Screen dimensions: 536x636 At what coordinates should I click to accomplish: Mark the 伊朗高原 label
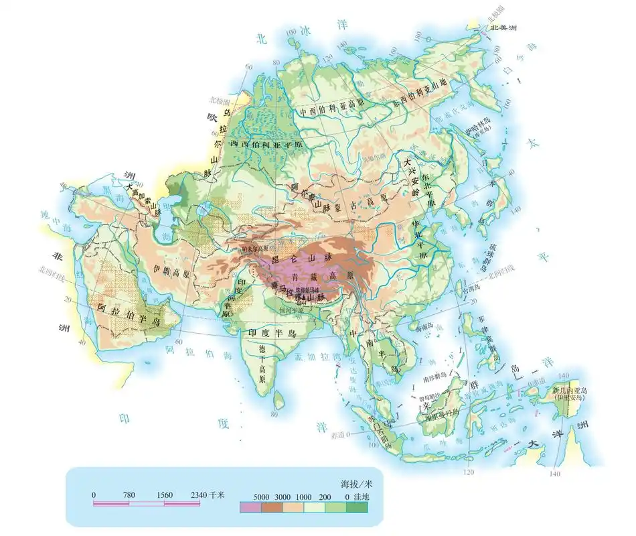click(x=174, y=274)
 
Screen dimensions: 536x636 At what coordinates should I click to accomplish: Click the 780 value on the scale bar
click(x=129, y=495)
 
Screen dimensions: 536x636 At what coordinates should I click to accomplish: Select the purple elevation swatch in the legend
click(x=250, y=507)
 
